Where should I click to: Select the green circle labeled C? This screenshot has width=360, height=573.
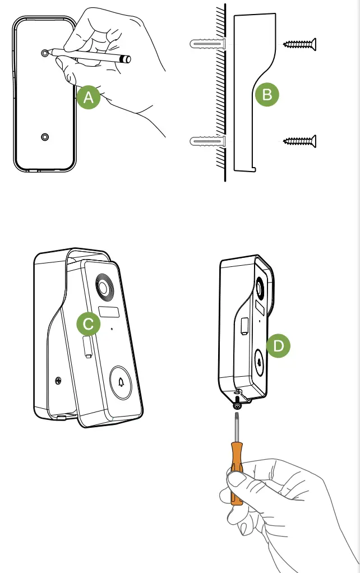[88, 324]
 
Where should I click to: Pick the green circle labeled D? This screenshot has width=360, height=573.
[278, 346]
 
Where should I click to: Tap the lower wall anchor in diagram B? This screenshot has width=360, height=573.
[208, 141]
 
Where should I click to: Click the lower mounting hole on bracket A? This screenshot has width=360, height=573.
[44, 137]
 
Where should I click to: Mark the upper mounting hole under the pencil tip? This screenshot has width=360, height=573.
[44, 52]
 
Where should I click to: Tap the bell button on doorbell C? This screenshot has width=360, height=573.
[122, 382]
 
